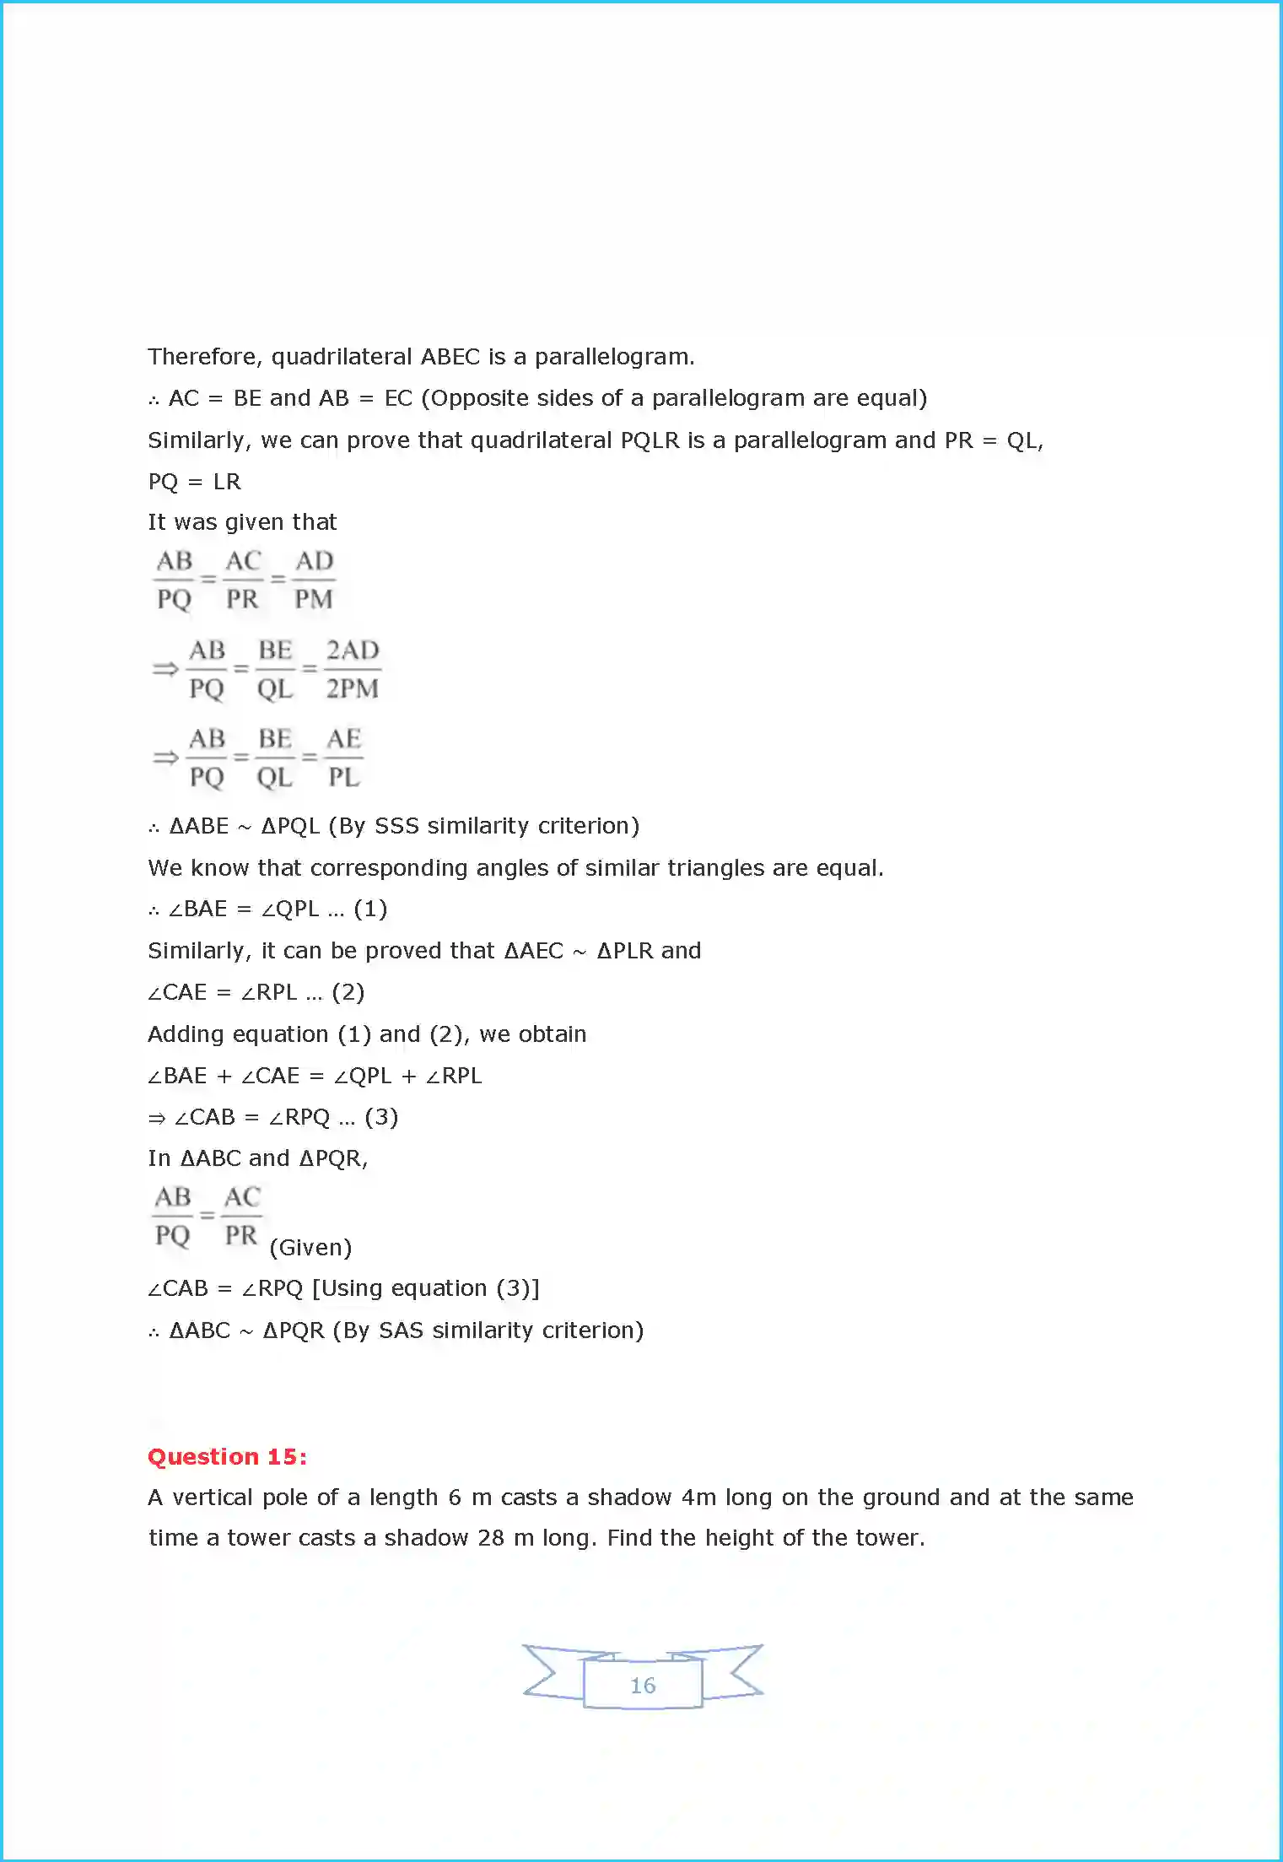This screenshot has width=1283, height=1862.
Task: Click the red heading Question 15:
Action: point(227,1456)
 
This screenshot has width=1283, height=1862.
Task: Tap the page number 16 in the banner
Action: point(643,1685)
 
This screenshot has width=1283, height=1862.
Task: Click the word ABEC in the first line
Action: point(450,357)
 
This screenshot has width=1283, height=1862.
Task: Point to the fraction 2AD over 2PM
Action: point(353,669)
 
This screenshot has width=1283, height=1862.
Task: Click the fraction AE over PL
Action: point(343,758)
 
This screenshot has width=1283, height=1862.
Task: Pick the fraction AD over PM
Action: point(314,580)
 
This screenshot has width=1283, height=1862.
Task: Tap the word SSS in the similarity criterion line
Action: point(396,825)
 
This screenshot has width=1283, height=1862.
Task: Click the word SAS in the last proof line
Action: point(401,1330)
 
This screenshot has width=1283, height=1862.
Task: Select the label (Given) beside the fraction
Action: point(310,1247)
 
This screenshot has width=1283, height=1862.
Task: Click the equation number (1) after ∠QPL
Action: point(370,909)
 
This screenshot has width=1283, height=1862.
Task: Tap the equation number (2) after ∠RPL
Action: point(348,992)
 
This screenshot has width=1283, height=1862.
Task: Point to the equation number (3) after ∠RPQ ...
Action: point(381,1117)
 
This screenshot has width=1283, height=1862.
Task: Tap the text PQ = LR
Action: point(195,482)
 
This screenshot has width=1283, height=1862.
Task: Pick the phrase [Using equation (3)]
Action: point(425,1288)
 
